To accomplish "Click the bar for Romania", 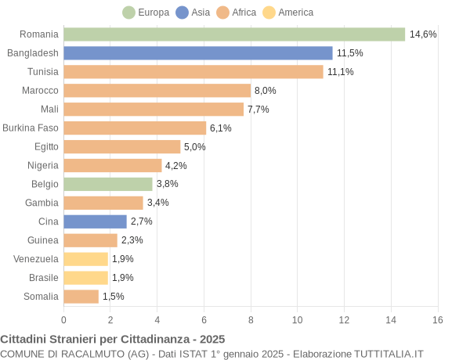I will (x=234, y=34).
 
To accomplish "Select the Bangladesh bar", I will (x=198, y=53).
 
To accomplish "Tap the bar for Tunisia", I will (x=193, y=72).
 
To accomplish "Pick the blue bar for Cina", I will (x=95, y=221).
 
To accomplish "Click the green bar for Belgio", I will (x=108, y=184).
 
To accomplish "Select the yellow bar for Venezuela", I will (x=85, y=259).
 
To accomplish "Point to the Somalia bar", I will (x=81, y=297).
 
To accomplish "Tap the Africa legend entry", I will (x=237, y=13).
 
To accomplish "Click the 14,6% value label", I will (x=423, y=34).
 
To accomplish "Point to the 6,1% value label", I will (x=221, y=128).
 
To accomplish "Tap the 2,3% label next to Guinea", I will (x=132, y=240).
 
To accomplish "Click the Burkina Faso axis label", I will (x=31, y=128).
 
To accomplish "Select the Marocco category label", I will (x=40, y=90).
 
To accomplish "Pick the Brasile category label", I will (x=43, y=278).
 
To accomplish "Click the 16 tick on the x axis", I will (x=437, y=320).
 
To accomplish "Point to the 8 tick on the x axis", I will (x=251, y=320).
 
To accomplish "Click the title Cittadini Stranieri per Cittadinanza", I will (x=113, y=340).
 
